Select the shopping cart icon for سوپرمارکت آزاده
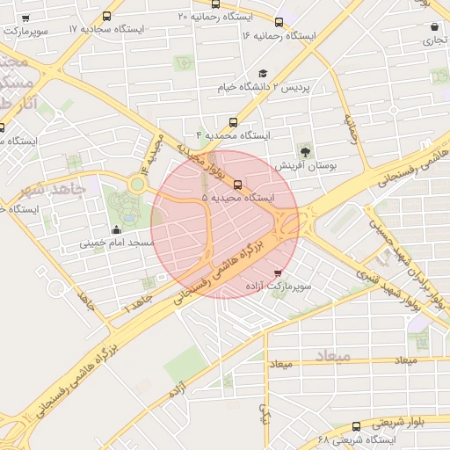coord(279,273)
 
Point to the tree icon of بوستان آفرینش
coord(305,151)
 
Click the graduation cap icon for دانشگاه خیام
coord(262,74)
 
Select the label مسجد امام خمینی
coord(117,243)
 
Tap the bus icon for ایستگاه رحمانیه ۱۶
coord(279,22)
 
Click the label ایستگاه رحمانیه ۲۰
coord(214,16)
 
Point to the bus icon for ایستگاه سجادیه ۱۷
coord(107,16)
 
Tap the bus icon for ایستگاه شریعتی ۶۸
coord(356,425)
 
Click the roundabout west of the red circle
coord(137,185)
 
